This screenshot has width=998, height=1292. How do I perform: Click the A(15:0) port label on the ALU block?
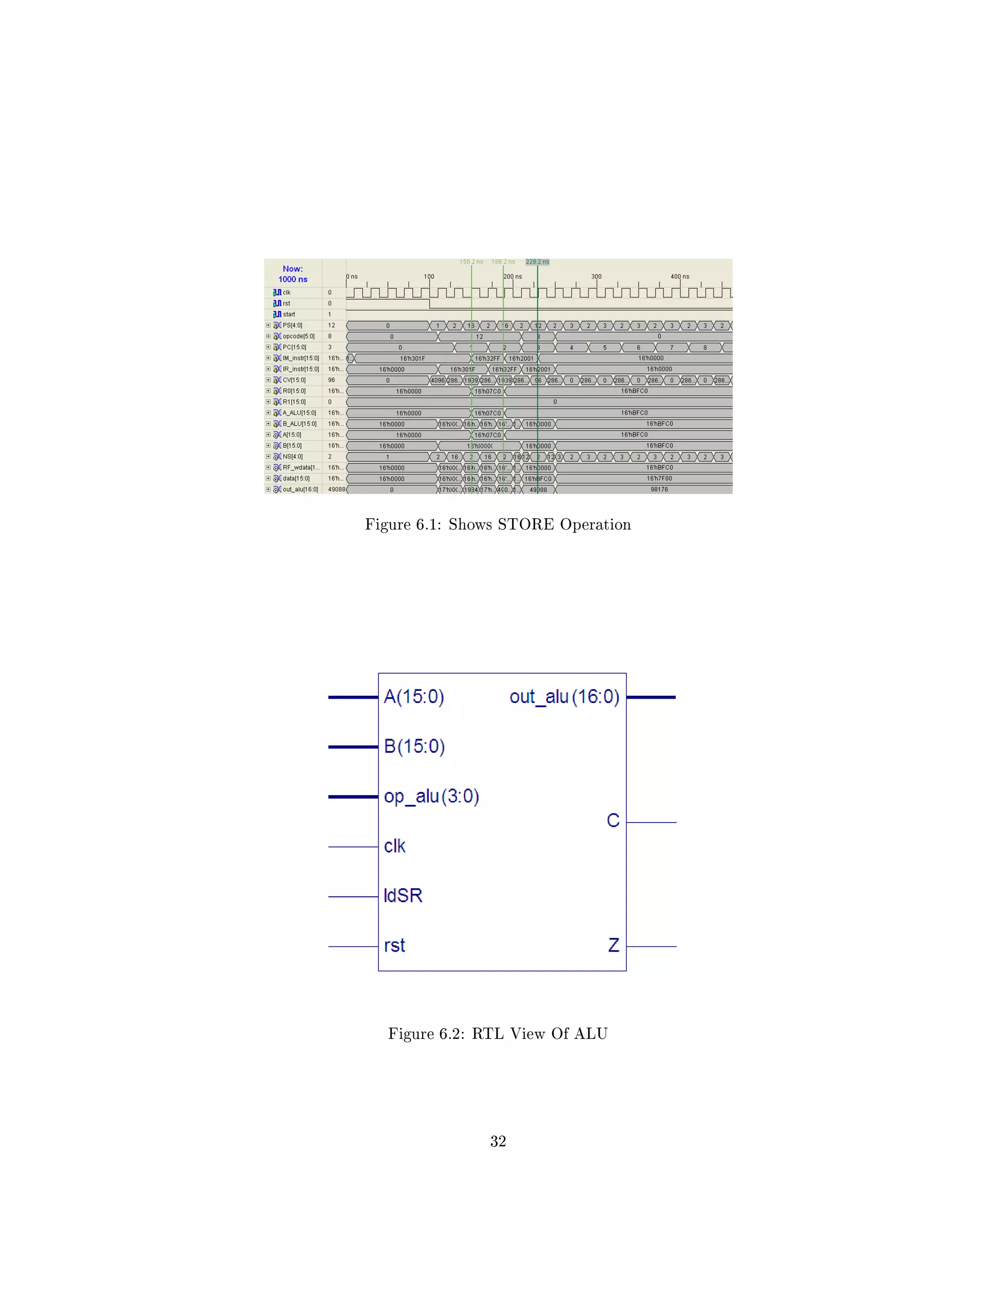(x=414, y=697)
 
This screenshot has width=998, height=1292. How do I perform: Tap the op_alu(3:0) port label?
(x=431, y=796)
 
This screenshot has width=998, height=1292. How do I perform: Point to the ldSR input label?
(x=403, y=896)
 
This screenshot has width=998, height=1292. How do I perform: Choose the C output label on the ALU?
(x=613, y=821)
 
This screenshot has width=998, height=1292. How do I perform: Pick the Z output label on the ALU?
(x=614, y=945)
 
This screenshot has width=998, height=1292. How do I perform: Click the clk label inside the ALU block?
(x=394, y=846)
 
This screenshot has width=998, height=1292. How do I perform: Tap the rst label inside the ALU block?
(x=394, y=945)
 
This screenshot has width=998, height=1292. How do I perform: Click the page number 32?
(x=498, y=1141)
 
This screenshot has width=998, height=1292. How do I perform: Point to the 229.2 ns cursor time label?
(x=537, y=261)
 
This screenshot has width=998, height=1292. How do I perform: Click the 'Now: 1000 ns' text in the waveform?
(x=293, y=274)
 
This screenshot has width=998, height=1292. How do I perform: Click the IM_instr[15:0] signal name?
(x=300, y=358)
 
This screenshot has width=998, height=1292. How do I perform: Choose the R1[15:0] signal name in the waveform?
(x=294, y=402)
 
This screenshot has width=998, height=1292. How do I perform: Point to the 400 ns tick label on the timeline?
(x=679, y=276)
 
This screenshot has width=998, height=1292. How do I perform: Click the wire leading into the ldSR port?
(x=353, y=897)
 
